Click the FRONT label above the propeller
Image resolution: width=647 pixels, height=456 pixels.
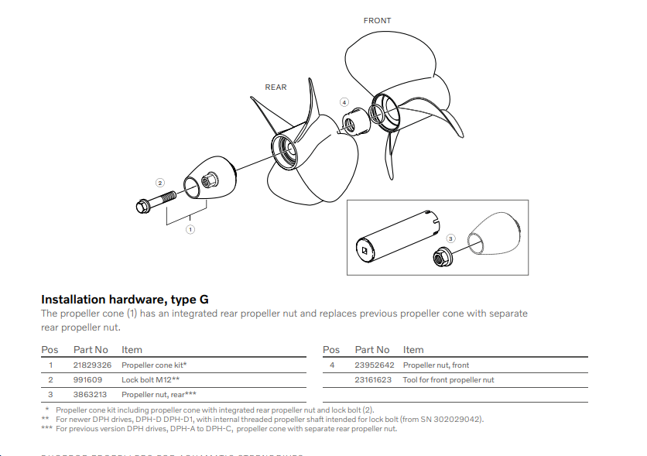pyautogui.click(x=377, y=20)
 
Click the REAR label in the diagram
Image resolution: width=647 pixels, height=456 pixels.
pyautogui.click(x=276, y=87)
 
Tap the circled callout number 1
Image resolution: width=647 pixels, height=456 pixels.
pyautogui.click(x=190, y=229)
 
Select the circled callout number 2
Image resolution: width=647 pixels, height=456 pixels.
pyautogui.click(x=160, y=183)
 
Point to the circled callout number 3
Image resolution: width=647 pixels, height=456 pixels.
pyautogui.click(x=452, y=238)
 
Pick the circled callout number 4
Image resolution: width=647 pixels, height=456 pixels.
pyautogui.click(x=344, y=102)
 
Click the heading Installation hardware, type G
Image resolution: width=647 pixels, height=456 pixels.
pyautogui.click(x=125, y=299)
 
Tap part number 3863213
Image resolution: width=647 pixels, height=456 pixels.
pyautogui.click(x=88, y=394)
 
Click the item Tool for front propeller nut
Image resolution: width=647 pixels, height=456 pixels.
pyautogui.click(x=448, y=379)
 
